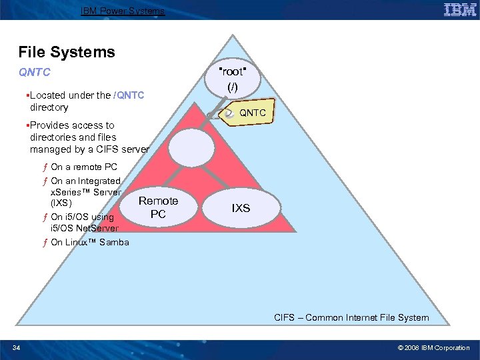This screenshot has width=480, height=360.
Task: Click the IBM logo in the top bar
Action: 459,9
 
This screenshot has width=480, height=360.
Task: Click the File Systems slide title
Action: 67,52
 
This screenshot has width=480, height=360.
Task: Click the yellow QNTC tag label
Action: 252,113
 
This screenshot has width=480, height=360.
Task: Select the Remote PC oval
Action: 158,207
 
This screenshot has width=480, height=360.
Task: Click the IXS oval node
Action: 241,208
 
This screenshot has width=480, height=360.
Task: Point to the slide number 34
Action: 17,347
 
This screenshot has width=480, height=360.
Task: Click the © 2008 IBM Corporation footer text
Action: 434,347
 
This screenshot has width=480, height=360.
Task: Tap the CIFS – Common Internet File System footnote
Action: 351,317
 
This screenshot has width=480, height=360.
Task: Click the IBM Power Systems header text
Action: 122,11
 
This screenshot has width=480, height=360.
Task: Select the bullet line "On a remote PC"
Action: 83,167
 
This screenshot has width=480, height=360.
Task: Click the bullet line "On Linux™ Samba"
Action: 89,242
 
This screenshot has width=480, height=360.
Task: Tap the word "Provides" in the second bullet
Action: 49,125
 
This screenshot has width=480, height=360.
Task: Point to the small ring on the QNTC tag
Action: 229,114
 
